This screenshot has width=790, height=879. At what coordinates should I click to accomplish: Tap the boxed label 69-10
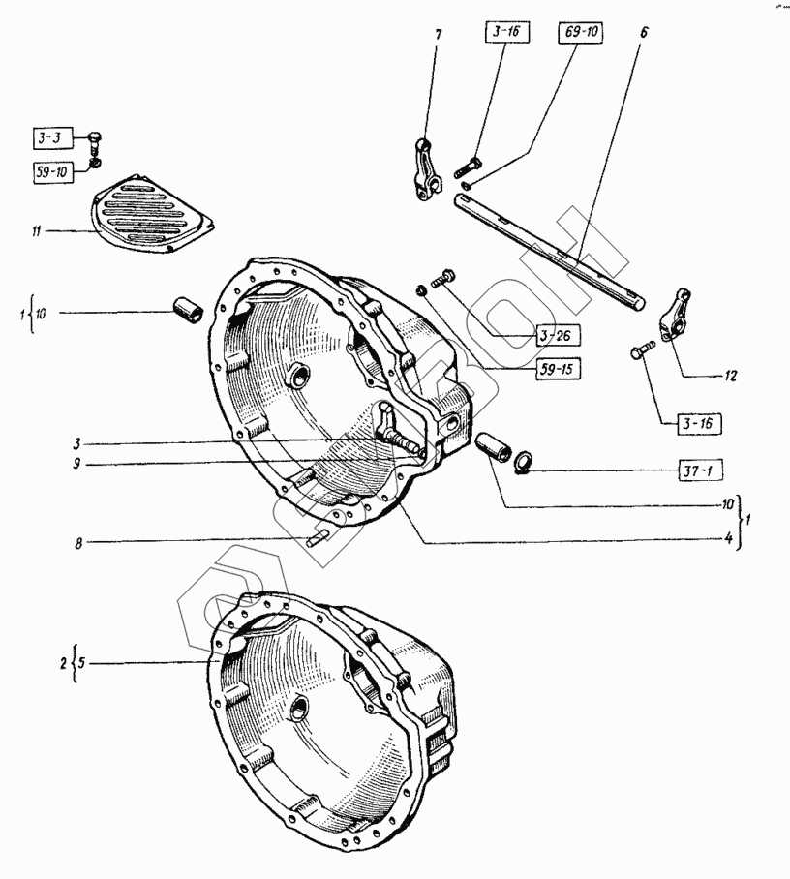tap(580, 33)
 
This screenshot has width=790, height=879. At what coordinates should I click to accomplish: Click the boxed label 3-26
tap(555, 336)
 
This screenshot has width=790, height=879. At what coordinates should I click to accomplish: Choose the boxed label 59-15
tap(555, 369)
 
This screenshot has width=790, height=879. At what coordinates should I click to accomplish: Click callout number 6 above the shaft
tap(643, 32)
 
